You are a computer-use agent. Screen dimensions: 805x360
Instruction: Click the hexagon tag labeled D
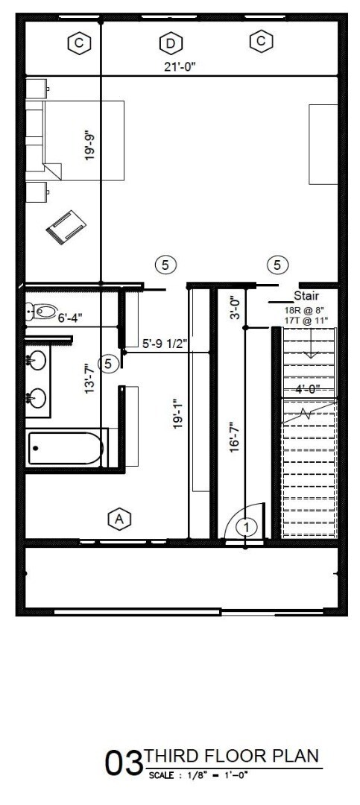(x=170, y=43)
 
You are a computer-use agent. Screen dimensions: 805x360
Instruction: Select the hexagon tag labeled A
(x=119, y=518)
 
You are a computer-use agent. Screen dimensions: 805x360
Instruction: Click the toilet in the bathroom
(x=43, y=312)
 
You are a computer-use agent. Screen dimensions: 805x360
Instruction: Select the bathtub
(x=66, y=449)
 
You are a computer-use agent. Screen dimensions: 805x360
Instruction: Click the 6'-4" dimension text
(x=69, y=318)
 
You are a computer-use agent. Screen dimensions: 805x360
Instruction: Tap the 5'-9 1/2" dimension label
(x=164, y=344)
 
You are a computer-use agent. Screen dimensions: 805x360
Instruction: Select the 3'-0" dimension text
(x=234, y=308)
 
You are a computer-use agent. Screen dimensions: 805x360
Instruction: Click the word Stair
(x=306, y=296)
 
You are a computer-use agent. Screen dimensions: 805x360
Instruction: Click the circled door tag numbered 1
(x=246, y=527)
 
